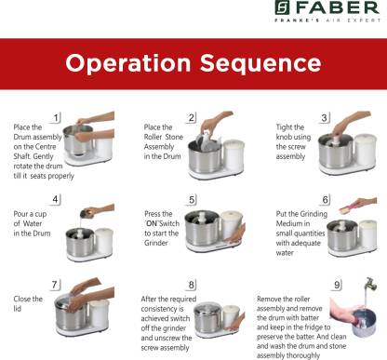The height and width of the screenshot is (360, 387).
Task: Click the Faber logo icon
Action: [x=282, y=7]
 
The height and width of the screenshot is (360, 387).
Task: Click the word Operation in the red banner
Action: [x=128, y=63]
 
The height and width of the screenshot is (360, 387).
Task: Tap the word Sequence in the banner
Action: [x=260, y=63]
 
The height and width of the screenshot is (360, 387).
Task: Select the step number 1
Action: [x=56, y=118]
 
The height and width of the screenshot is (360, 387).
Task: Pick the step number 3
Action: [x=324, y=118]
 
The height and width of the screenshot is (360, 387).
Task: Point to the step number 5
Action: [x=192, y=200]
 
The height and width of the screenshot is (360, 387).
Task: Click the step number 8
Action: [x=192, y=285]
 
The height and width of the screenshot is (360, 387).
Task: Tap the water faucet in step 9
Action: [x=371, y=284]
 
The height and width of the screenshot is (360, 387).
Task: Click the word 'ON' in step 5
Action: [x=152, y=223]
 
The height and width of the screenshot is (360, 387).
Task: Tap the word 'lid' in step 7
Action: [x=17, y=309]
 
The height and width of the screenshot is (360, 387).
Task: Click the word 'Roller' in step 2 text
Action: [x=153, y=137]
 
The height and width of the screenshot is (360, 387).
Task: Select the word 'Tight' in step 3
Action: [x=284, y=127]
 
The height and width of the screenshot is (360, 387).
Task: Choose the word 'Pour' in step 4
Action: [x=20, y=214]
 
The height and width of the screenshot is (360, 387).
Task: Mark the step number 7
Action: [x=55, y=285]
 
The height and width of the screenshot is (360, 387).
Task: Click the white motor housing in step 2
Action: [x=234, y=156]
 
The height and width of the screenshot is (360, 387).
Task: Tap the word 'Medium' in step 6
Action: [x=288, y=223]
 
